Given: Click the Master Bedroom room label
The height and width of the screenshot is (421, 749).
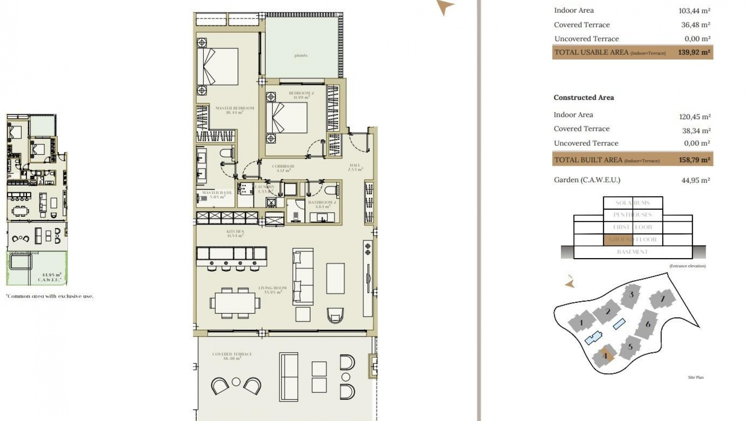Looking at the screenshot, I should [234, 110].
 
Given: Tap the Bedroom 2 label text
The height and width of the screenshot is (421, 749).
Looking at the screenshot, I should [301, 95].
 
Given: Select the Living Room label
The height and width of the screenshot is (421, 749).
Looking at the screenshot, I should [272, 290].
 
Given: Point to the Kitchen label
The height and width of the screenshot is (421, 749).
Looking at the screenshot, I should [235, 233].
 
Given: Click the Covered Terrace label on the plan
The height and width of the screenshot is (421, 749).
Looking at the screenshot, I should [232, 356].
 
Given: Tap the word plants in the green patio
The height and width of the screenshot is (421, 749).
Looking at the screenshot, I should [301, 56].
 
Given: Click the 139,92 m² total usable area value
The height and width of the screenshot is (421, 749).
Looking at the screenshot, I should [694, 52].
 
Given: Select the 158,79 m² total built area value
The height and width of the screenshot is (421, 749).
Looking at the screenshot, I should [694, 160].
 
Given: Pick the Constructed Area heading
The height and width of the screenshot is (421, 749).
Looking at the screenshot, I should [584, 97].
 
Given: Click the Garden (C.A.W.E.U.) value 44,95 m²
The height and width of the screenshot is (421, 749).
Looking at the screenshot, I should [695, 180].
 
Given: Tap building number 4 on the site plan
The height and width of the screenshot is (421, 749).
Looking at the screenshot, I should [605, 356].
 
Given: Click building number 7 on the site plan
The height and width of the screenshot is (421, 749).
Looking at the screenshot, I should [662, 299].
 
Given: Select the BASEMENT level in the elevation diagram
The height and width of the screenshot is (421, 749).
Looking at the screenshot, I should [632, 252].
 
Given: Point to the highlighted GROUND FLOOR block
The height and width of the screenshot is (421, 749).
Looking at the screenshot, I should [618, 239].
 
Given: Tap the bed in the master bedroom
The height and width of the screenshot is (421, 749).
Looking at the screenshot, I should [218, 67].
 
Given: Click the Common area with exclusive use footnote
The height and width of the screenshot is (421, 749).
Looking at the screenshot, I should [50, 296].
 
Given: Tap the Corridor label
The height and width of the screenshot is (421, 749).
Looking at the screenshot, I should [283, 168].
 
